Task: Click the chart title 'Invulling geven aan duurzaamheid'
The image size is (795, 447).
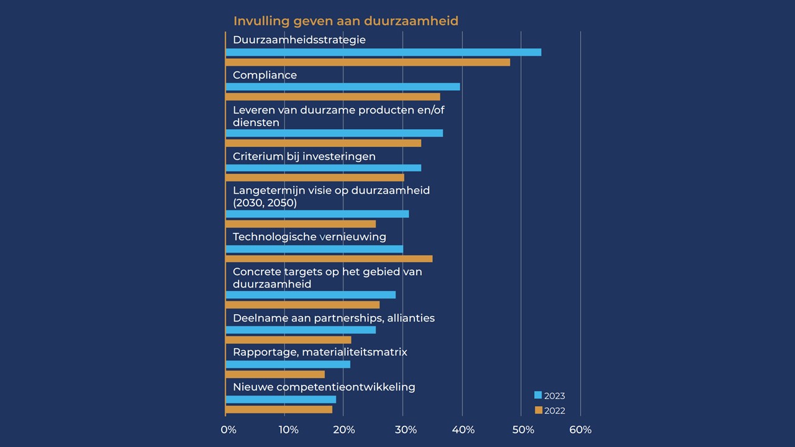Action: tap(346, 21)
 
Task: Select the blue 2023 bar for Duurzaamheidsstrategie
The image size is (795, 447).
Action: tap(383, 52)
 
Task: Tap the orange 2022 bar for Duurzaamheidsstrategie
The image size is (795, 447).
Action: tap(368, 62)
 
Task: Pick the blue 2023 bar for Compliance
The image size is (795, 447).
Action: tap(343, 87)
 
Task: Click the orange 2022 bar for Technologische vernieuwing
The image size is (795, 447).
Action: tap(329, 259)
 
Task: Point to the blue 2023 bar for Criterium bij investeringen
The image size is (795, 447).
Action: tap(324, 168)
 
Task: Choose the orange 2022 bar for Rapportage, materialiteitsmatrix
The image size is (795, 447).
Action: tap(275, 374)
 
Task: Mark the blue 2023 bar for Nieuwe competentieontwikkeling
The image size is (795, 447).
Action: tap(281, 399)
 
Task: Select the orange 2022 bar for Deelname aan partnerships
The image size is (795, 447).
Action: tap(288, 340)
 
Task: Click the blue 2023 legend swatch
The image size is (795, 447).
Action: tap(538, 395)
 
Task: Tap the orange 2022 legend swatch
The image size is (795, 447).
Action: tap(538, 410)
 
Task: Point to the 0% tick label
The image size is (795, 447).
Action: tap(229, 430)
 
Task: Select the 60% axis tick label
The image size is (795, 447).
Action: tap(581, 430)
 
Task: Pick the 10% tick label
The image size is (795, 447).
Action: tap(288, 430)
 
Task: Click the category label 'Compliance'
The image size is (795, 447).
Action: tap(265, 75)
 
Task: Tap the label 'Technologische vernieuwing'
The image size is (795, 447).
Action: tap(309, 237)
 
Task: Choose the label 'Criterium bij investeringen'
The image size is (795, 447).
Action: tap(304, 156)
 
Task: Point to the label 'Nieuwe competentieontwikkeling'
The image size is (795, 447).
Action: tap(324, 387)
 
